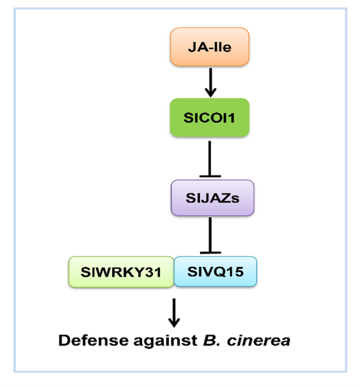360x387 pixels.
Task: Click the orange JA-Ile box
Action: [x=210, y=47]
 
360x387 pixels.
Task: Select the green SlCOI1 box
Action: [x=210, y=118]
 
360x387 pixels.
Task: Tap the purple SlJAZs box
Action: [x=212, y=198]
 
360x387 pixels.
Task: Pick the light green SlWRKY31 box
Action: [x=121, y=272]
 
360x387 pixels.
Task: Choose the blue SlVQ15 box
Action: [x=215, y=271]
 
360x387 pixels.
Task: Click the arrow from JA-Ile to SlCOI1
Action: [x=210, y=82]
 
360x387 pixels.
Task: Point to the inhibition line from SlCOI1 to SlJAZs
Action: [x=210, y=159]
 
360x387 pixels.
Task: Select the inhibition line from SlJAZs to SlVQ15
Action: [x=210, y=236]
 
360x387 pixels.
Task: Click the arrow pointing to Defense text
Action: [x=174, y=313]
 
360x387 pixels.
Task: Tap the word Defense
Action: [x=93, y=340]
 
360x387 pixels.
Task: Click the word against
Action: [x=166, y=342]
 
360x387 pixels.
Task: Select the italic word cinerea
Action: [x=258, y=341]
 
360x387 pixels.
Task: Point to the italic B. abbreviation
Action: [x=212, y=340]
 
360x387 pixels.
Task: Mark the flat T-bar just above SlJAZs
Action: [x=210, y=176]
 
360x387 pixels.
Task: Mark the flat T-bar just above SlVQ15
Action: [x=210, y=253]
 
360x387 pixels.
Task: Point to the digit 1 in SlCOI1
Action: [x=231, y=118]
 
